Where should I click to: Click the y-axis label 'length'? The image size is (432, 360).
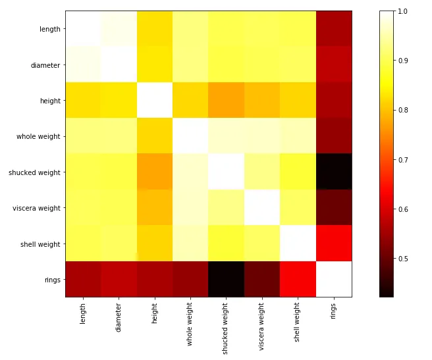pos(50,29)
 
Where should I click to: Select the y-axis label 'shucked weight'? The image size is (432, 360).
pos(34,172)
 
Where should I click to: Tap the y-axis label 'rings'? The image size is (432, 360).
pos(53,280)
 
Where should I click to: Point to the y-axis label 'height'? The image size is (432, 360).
pos(51,101)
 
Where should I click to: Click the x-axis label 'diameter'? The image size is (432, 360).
pos(119,317)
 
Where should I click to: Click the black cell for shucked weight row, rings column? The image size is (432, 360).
pos(333,172)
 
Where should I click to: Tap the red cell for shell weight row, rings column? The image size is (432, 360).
pos(333,244)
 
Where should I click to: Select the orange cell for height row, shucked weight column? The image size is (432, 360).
pos(226,101)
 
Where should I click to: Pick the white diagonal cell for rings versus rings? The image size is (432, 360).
pos(333,279)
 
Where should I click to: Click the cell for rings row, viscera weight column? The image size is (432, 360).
pos(261,279)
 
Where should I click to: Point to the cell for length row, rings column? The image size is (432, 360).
pos(333,29)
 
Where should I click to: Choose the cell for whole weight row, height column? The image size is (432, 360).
pos(155,136)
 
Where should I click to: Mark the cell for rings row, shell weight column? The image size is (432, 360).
pos(298,279)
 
